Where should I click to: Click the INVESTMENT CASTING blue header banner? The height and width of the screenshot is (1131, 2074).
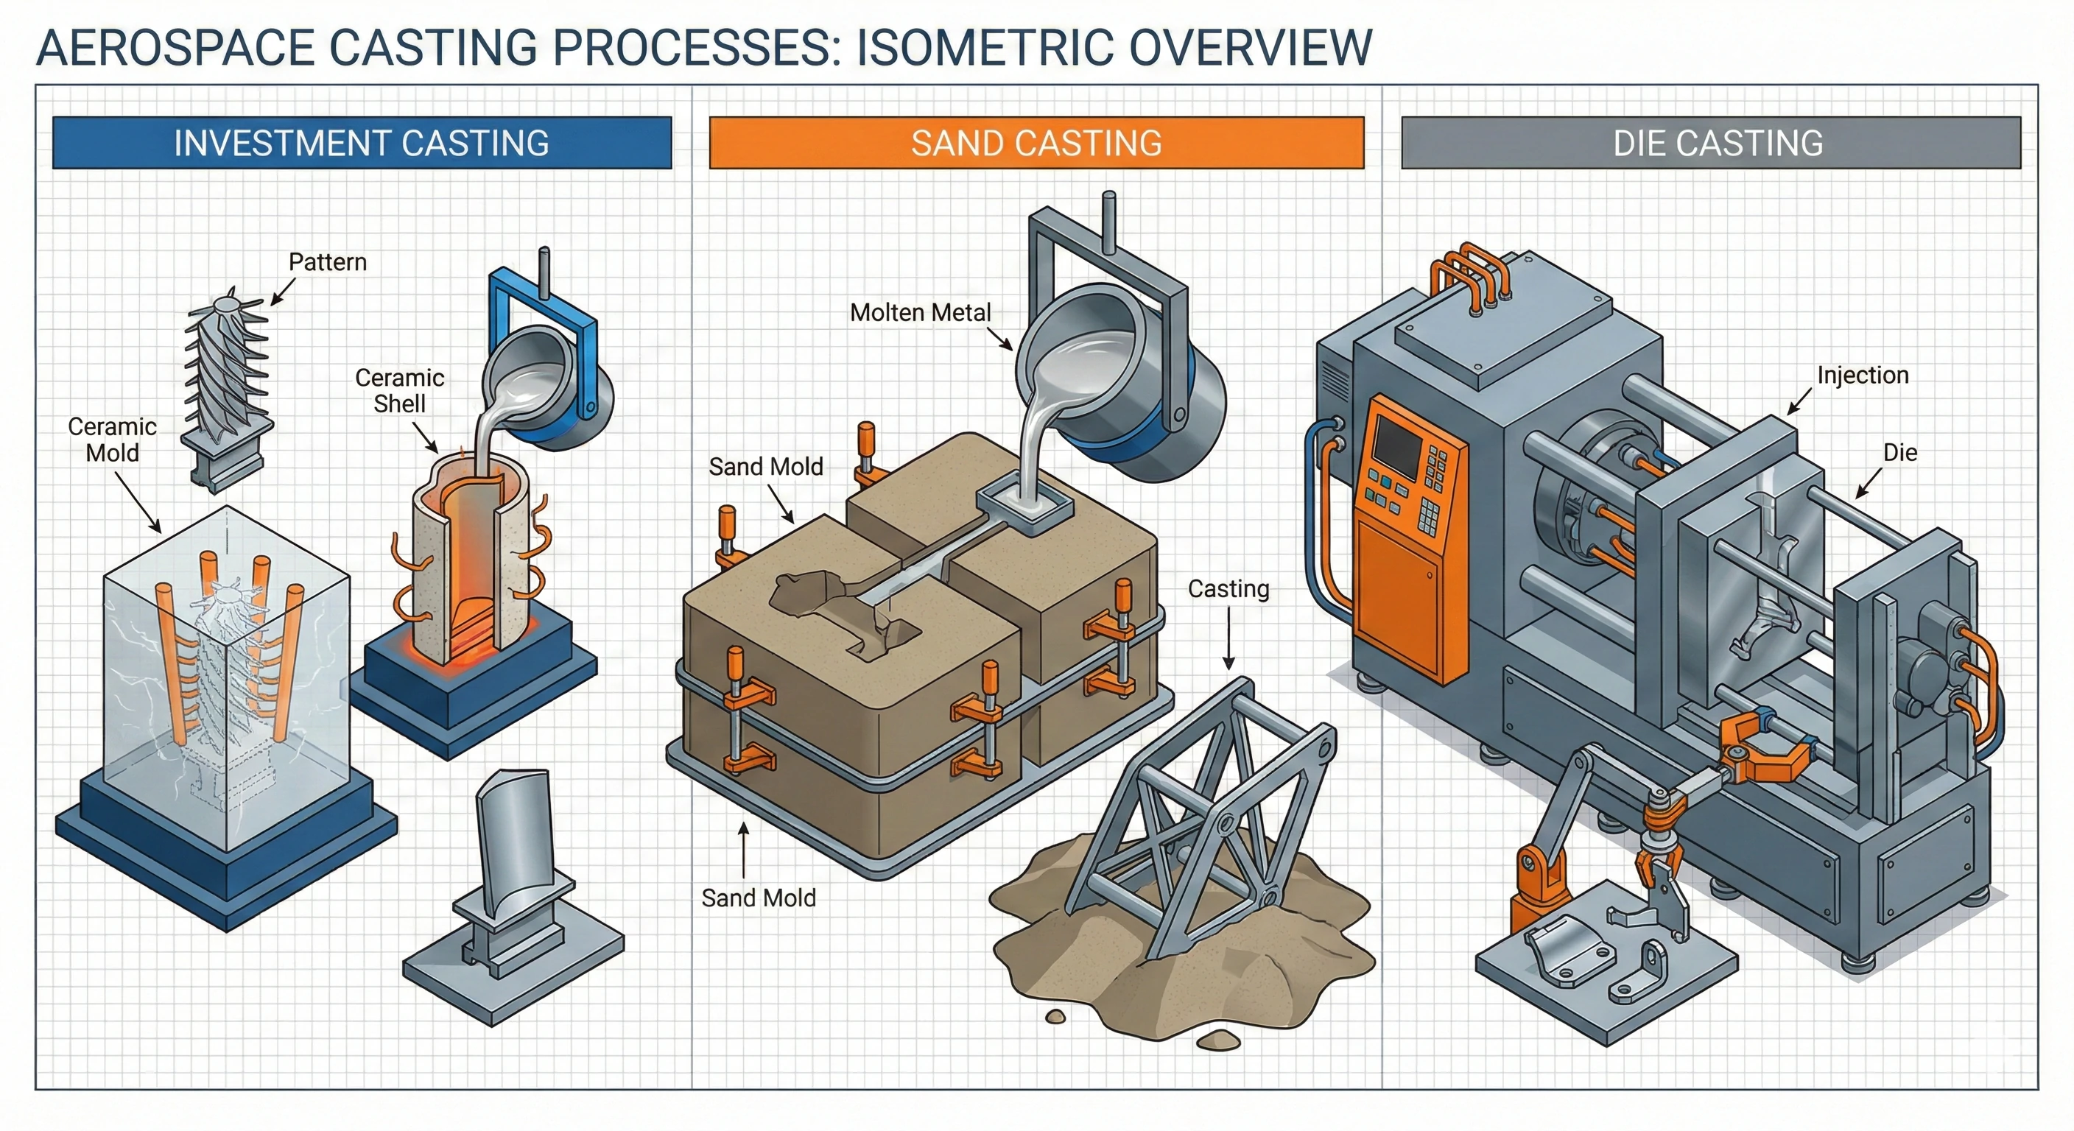point(362,143)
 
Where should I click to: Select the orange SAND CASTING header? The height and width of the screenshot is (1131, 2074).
point(1036,143)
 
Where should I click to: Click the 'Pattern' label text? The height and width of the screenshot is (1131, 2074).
point(328,262)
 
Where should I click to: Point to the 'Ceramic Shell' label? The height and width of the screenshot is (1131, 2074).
point(399,390)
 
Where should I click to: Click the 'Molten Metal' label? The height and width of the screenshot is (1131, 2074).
point(920,312)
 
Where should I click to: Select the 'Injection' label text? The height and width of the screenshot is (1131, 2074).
point(1862,375)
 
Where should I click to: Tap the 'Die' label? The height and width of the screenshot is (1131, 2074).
point(1899,452)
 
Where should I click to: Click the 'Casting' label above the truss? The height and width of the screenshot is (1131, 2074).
point(1228,589)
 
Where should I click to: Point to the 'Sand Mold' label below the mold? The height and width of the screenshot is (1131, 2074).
point(759,898)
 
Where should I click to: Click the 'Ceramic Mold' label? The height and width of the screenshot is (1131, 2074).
point(112,440)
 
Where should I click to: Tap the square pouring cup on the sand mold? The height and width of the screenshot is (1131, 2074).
point(1026,506)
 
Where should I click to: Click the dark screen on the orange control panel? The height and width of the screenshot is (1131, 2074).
point(1396,448)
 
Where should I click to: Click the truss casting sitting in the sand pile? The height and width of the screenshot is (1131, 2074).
point(1208,821)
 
